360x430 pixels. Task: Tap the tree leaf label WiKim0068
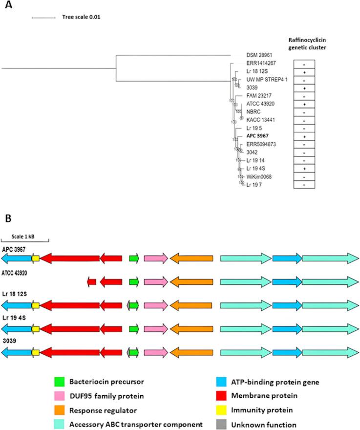pos(258,176)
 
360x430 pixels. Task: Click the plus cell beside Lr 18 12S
pos(304,72)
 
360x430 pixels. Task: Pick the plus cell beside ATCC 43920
pos(304,105)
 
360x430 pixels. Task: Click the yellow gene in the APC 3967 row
pos(36,258)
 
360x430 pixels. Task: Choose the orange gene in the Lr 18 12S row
pos(191,305)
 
